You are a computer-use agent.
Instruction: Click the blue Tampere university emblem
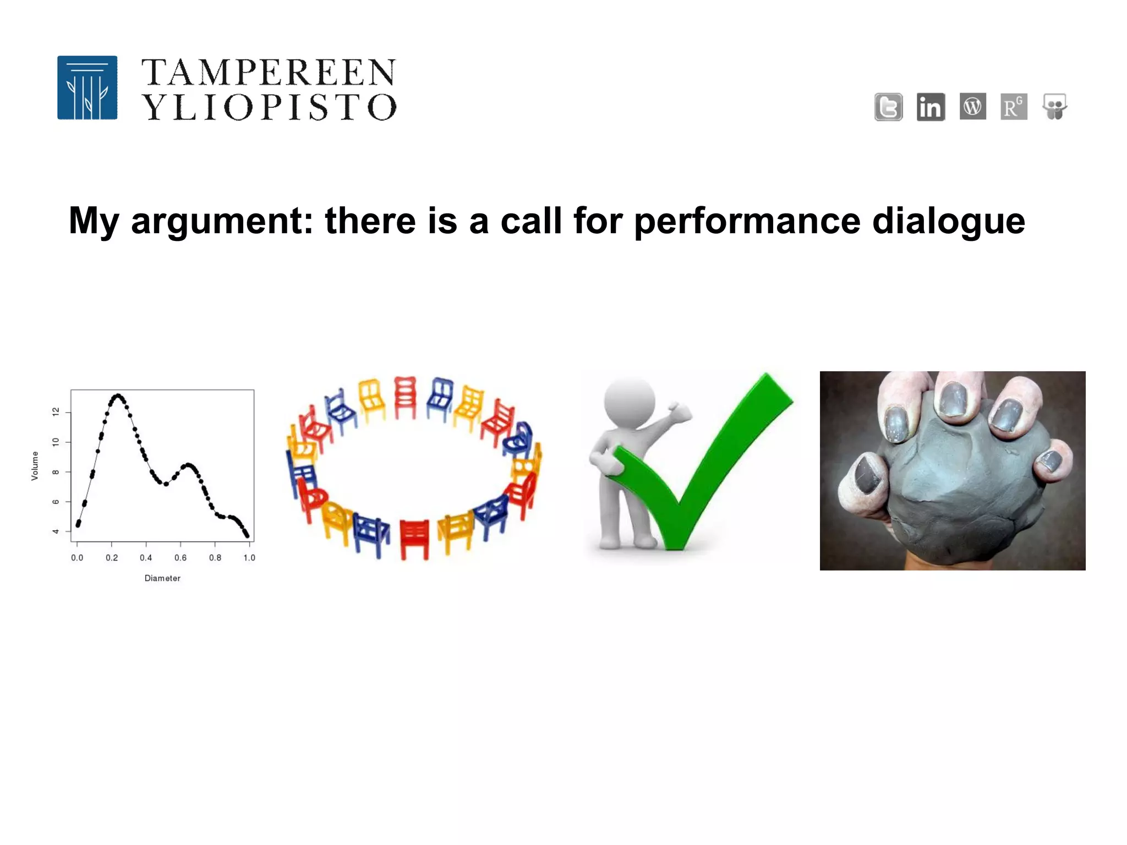87,87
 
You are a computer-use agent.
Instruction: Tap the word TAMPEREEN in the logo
269,73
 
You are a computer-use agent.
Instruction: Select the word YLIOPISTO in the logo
269,107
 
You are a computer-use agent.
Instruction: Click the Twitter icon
888,107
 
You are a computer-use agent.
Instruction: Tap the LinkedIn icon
931,107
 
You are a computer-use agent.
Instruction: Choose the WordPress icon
972,106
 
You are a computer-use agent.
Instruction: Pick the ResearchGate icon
1014,107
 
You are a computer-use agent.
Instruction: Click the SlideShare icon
1055,107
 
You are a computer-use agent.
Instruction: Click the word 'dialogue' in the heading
949,221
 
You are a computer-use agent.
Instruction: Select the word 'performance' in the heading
747,221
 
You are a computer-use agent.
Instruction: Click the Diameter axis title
162,578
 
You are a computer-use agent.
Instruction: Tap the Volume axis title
35,465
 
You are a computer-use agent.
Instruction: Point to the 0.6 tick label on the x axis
180,558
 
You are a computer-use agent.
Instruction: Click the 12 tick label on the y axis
56,412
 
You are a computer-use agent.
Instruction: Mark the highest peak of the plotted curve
117,396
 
